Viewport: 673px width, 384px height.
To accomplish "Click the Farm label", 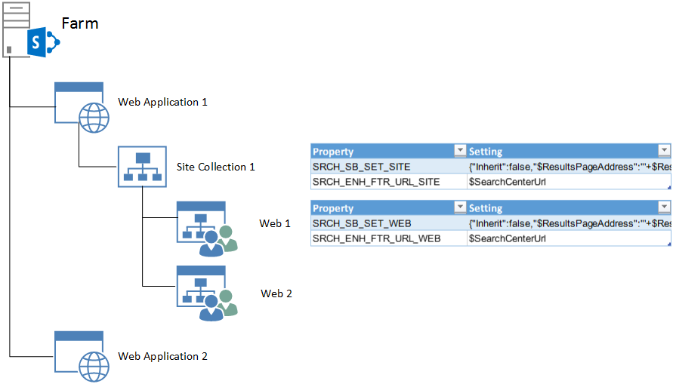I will pyautogui.click(x=79, y=23).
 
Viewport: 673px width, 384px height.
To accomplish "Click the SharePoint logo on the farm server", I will pyautogui.click(x=42, y=43).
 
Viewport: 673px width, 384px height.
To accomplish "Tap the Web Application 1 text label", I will pyautogui.click(x=162, y=102).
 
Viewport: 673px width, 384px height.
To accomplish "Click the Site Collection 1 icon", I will pyautogui.click(x=141, y=167).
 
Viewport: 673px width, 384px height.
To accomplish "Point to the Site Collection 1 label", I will pyautogui.click(x=215, y=167).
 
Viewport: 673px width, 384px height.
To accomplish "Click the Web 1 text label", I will pyautogui.click(x=275, y=223).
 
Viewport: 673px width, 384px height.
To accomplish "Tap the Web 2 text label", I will pyautogui.click(x=276, y=293).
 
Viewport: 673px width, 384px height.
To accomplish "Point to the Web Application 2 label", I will pyautogui.click(x=162, y=356).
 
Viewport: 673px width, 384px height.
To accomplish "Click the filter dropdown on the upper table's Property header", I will pyautogui.click(x=458, y=151).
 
